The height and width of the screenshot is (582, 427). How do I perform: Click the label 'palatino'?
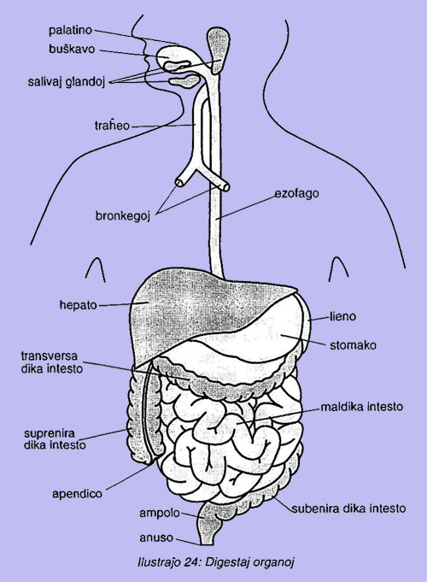point(70,30)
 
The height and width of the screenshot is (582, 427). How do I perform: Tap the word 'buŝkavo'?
point(72,49)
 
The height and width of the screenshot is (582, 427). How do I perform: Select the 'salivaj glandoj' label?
point(67,82)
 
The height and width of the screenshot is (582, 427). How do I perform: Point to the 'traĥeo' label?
point(112,126)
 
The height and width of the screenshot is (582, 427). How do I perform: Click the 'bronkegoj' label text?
point(123,215)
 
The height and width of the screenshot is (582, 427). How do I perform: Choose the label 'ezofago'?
point(296,194)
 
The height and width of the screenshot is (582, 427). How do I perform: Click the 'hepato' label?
point(78,305)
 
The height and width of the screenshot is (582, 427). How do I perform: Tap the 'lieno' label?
point(342,316)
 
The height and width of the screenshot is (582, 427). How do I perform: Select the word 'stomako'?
point(353,345)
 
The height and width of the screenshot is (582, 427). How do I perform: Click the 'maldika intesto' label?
point(362,407)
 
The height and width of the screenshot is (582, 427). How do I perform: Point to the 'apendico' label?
point(77,494)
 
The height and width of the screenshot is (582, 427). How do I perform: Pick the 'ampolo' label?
point(160,514)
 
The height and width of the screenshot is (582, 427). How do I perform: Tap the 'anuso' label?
point(156,538)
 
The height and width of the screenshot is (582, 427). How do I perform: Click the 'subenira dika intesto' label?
point(348,509)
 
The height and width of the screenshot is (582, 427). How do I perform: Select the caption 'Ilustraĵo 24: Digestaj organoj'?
point(215,562)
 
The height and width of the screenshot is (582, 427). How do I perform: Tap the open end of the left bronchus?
point(178,182)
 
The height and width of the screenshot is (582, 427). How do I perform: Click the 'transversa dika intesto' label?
point(51,362)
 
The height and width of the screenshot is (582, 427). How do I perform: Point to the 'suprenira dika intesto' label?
point(55,439)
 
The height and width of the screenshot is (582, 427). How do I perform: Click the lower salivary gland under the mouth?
point(184,80)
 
